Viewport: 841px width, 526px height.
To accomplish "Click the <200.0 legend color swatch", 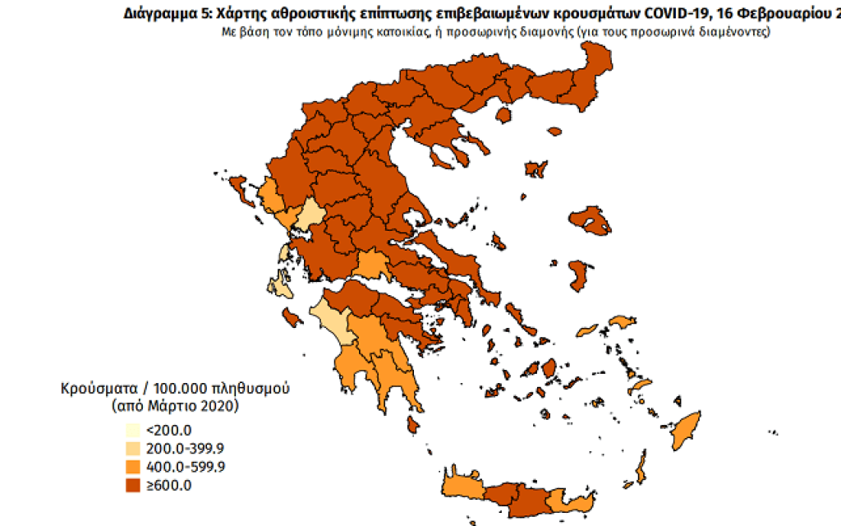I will click(x=132, y=429).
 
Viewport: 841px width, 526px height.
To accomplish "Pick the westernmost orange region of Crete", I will click(x=464, y=486).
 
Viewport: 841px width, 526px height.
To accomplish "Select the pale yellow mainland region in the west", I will click(x=310, y=216).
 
